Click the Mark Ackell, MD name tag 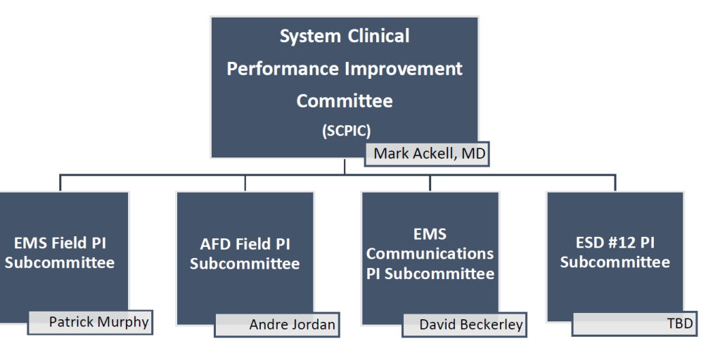pyautogui.click(x=427, y=154)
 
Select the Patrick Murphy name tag pyautogui.click(x=91, y=322)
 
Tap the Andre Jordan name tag pyautogui.click(x=277, y=325)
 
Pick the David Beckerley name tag pyautogui.click(x=464, y=325)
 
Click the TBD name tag pyautogui.click(x=635, y=323)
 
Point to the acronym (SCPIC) pyautogui.click(x=346, y=131)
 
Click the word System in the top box pyautogui.click(x=310, y=37)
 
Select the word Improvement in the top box pyautogui.click(x=404, y=68)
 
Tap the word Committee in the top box pyautogui.click(x=345, y=101)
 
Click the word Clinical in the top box pyautogui.click(x=378, y=36)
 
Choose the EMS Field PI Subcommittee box pyautogui.click(x=63, y=257)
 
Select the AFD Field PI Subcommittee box pyautogui.click(x=245, y=259)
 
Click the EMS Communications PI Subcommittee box pyautogui.click(x=430, y=259)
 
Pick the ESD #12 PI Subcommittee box pyautogui.click(x=615, y=257)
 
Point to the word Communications pyautogui.click(x=430, y=253)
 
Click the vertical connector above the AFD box pyautogui.click(x=245, y=183)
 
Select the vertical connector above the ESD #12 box pyautogui.click(x=615, y=183)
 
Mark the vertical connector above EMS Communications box pyautogui.click(x=430, y=183)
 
